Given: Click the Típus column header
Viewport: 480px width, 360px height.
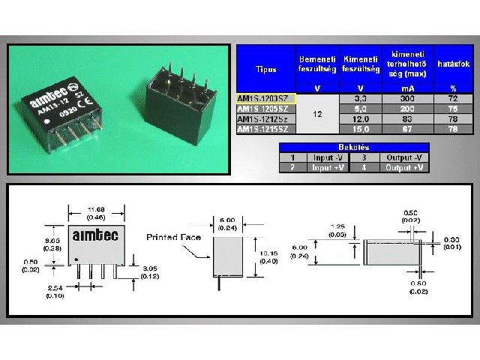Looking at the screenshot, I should click(265, 69).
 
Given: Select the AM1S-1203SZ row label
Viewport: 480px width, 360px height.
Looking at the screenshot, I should click(265, 98).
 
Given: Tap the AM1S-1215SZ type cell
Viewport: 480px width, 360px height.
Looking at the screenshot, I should click(265, 129).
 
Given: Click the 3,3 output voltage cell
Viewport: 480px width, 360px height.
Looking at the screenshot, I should click(361, 98).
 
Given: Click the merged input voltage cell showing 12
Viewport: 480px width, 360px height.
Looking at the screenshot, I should click(317, 114).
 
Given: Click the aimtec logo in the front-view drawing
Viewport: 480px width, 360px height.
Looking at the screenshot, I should click(92, 235).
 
